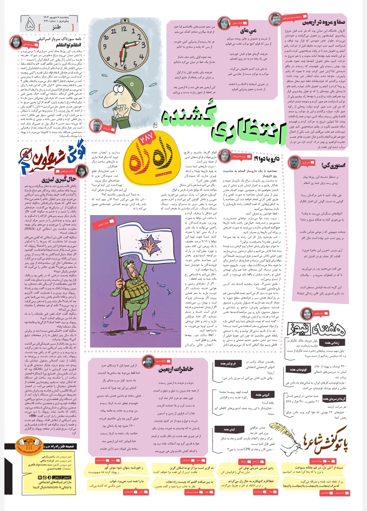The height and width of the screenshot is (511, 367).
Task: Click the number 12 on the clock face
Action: click(x=124, y=30)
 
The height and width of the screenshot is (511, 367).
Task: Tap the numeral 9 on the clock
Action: click(x=105, y=47)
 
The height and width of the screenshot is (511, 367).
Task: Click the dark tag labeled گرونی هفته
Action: click(x=262, y=395)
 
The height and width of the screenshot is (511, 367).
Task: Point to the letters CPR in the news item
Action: click(x=247, y=449)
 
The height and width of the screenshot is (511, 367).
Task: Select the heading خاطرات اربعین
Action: click(x=176, y=369)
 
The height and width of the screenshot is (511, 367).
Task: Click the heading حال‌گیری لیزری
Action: click(x=59, y=179)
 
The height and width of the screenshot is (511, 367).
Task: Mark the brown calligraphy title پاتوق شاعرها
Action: click(x=326, y=445)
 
